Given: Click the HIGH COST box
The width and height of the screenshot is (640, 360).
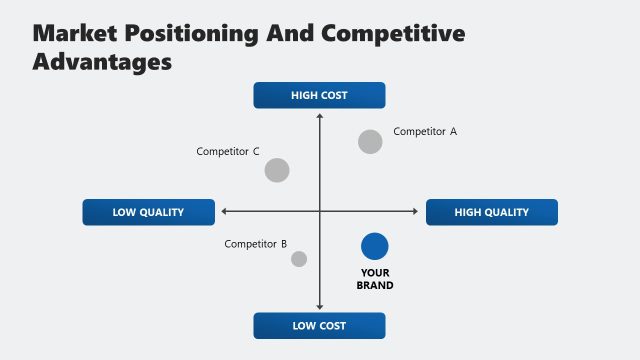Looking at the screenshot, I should point(319,96).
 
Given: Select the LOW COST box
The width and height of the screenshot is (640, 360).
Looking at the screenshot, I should point(319,326).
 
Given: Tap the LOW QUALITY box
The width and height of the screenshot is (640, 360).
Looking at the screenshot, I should point(147,212).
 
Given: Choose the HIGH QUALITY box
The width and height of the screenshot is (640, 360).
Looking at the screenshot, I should point(491,212).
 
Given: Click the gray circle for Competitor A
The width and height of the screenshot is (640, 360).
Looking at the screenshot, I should point(370,142).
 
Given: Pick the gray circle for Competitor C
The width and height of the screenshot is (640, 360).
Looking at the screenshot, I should point(277,170).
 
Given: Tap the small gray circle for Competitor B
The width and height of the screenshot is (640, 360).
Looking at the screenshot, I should point(299,259).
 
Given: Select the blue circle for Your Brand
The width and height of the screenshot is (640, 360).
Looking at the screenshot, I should point(374,246).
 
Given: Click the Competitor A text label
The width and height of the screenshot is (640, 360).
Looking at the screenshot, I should point(425,131).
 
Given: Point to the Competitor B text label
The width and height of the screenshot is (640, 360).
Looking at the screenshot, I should point(256,244).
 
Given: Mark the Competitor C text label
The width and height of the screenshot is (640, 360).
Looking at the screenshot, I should point(228,152).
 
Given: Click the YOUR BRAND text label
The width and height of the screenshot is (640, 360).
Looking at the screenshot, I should point(375,279).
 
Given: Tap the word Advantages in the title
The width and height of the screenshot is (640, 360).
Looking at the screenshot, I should point(103,61).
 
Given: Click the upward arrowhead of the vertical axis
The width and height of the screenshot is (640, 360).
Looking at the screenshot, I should point(320,117).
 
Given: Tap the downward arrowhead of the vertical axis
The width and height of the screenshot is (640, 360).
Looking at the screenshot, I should point(320,307).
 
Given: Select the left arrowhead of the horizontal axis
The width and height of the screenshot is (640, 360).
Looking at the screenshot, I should point(224,211).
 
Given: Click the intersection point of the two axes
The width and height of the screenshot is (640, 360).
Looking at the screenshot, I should point(320,211).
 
